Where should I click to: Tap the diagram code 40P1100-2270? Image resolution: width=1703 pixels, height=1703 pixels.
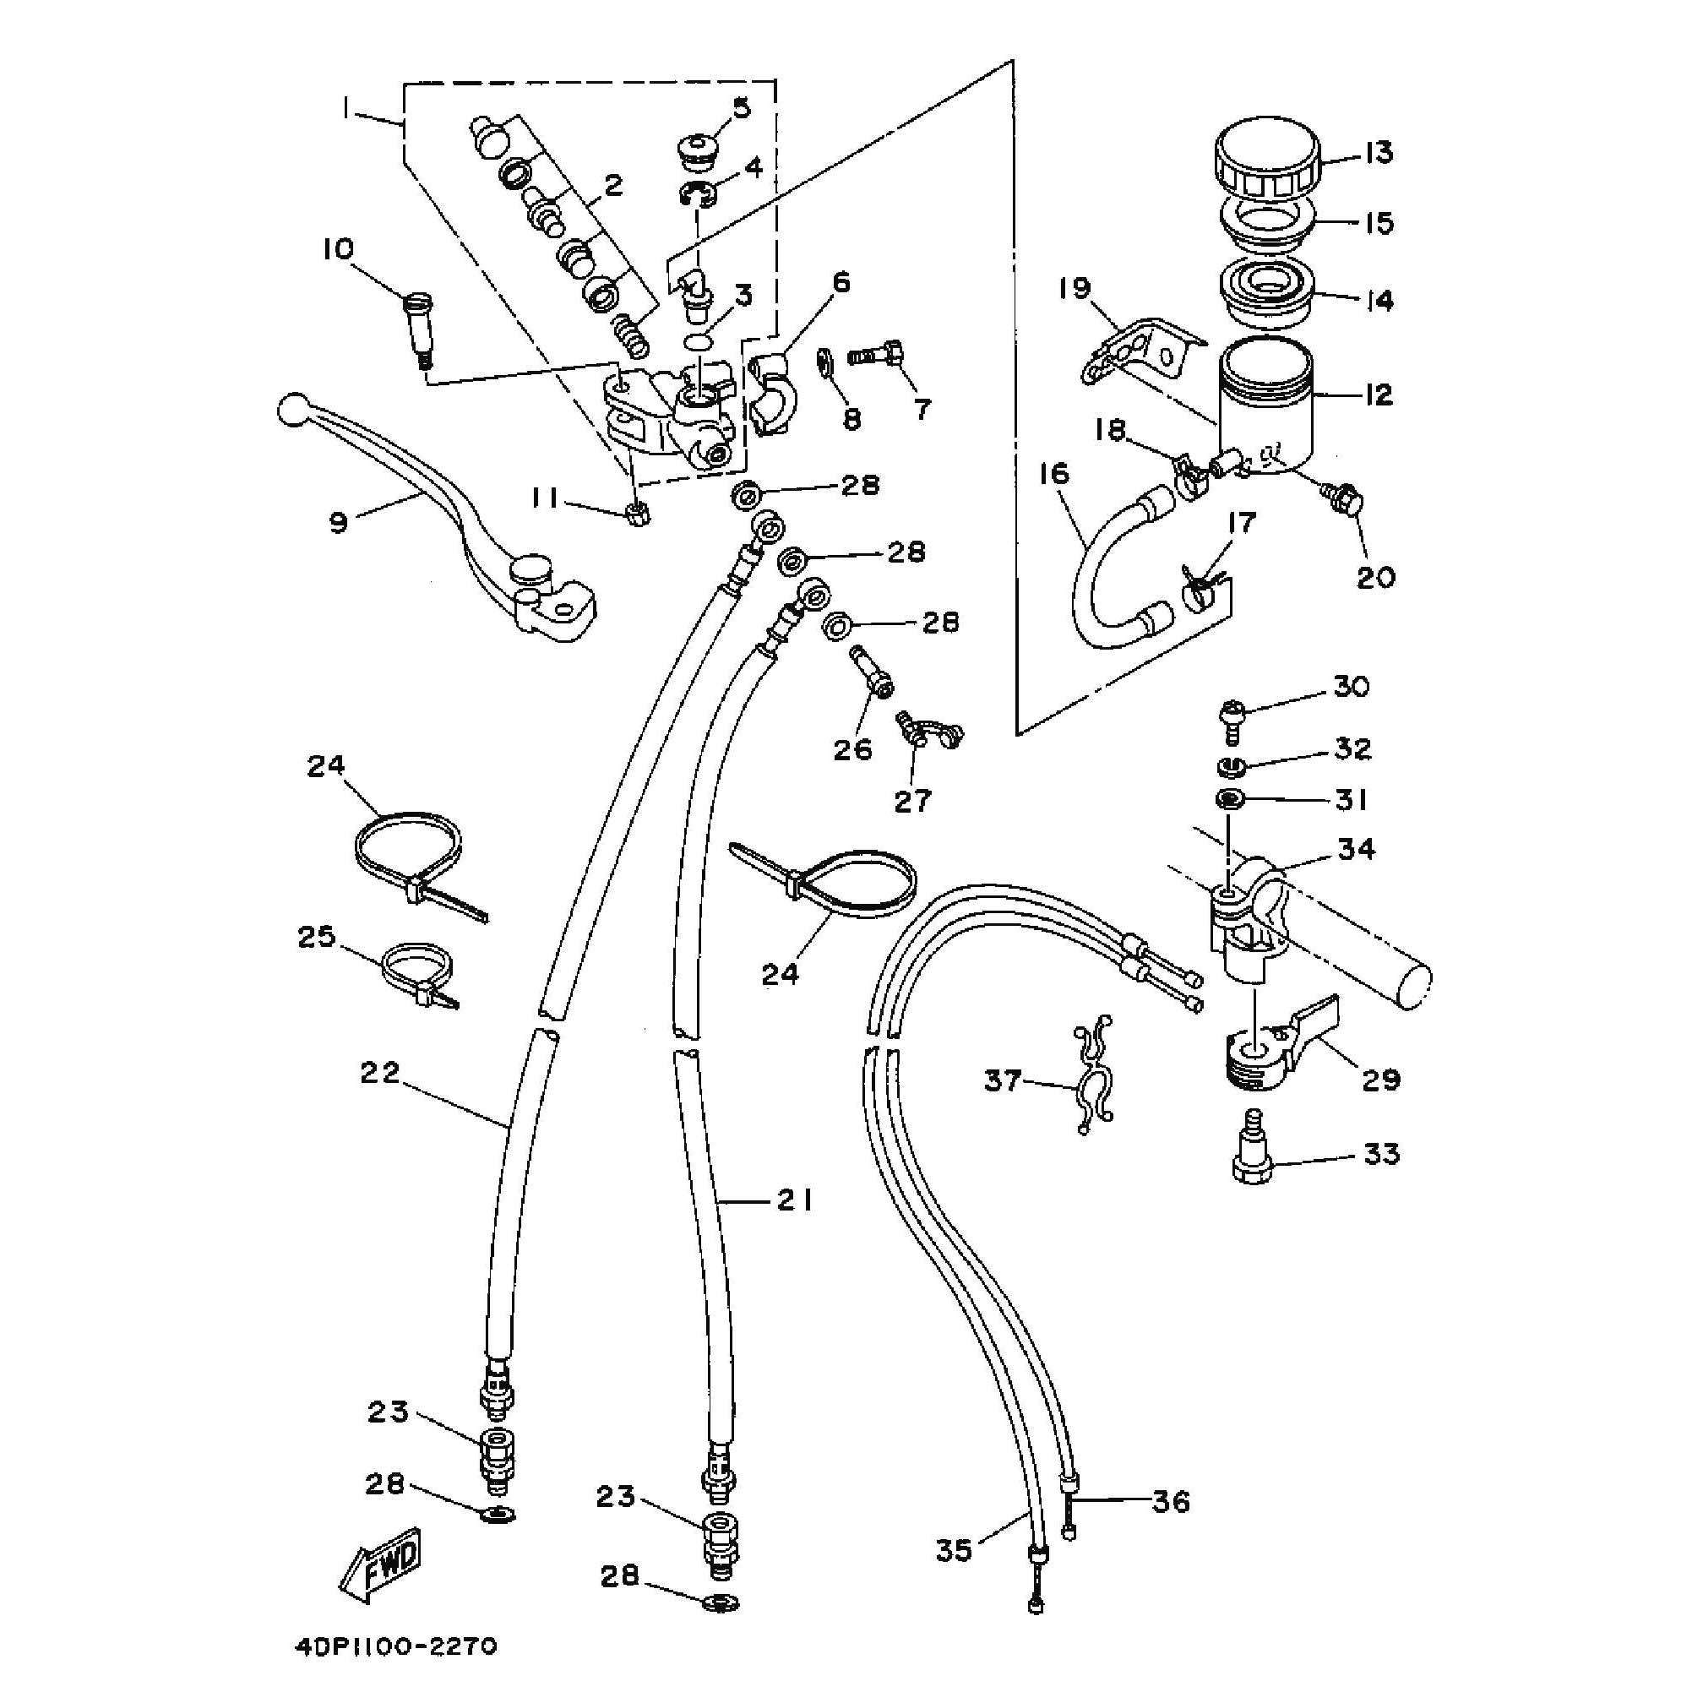click(396, 1646)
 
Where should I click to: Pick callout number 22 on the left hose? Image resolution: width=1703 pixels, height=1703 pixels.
click(380, 1073)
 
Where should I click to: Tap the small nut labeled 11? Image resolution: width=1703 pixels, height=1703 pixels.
click(636, 513)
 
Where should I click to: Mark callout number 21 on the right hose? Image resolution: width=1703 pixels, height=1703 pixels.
click(793, 1200)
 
